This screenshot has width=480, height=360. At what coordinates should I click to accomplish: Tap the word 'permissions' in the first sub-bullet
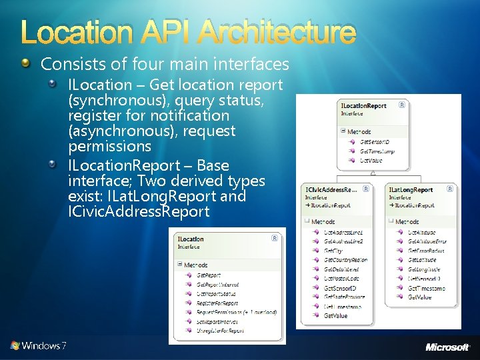110,146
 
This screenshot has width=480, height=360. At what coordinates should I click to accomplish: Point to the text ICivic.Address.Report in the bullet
139,212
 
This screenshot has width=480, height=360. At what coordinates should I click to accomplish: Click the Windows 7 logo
38,346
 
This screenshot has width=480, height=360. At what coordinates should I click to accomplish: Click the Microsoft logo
447,347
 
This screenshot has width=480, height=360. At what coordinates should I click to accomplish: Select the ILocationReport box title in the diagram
364,105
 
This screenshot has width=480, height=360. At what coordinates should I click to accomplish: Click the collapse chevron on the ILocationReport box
402,105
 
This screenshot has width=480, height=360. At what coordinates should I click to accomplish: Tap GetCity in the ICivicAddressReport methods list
334,251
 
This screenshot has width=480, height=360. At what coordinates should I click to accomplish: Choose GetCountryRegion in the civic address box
345,260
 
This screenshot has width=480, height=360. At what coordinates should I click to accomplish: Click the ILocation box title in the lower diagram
191,239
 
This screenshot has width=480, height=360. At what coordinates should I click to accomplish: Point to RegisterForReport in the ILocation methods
217,303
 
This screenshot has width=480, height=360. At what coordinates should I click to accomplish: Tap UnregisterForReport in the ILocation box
221,330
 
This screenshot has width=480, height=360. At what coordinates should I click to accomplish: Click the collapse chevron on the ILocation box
275,238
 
